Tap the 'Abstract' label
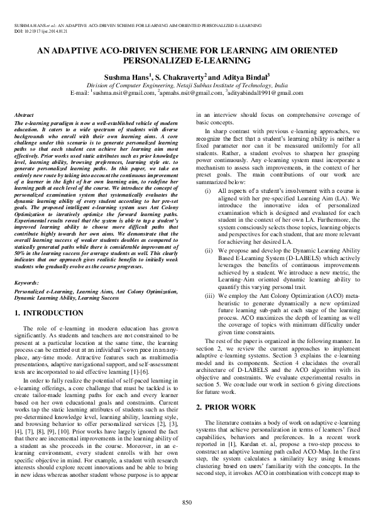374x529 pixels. [x=23, y=116]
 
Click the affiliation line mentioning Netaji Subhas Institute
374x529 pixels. [x=187, y=84]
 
